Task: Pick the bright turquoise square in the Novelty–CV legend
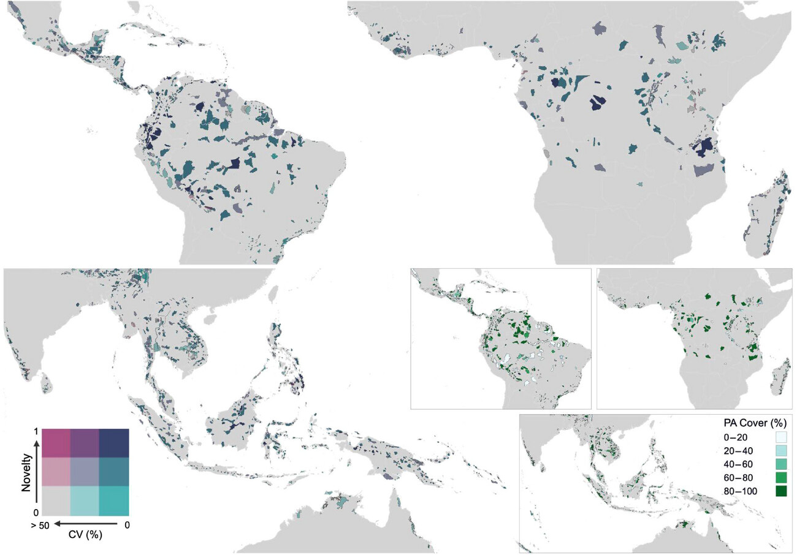[114, 500]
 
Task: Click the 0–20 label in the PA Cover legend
[736, 437]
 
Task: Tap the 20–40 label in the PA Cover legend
[738, 450]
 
